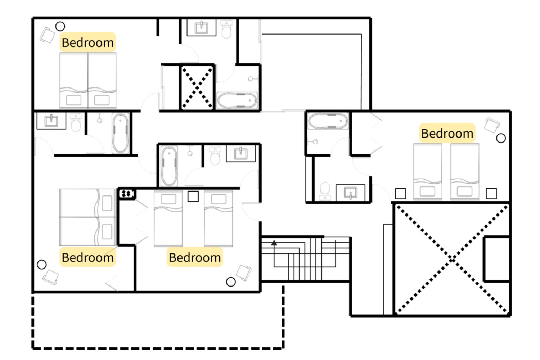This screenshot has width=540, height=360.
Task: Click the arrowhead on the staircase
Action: pos(274,243)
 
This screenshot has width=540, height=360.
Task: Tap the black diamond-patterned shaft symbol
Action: pos(127,194)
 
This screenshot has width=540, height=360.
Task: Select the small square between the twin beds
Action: pos(193,197)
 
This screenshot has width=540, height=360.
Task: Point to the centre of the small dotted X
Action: pos(197,88)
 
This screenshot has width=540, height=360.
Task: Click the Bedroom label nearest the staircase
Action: pos(195,257)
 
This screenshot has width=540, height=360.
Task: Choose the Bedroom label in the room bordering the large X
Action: pos(447,133)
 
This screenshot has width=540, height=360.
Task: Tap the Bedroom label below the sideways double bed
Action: pos(88,257)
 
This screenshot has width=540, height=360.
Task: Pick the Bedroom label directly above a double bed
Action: pos(88,42)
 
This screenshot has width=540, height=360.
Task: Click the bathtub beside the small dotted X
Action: pos(237,100)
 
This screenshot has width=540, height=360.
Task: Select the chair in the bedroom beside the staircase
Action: pos(244,273)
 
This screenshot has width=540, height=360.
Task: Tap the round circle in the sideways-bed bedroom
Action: pos(42,264)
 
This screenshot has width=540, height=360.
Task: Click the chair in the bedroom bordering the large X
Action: pos(492,125)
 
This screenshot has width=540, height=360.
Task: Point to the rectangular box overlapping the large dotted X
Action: pos(497,259)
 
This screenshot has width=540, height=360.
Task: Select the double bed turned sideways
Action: pos(88,217)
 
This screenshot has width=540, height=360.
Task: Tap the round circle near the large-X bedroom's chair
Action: pos(501,138)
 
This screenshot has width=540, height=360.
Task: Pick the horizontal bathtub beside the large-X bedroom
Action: pos(328,121)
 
